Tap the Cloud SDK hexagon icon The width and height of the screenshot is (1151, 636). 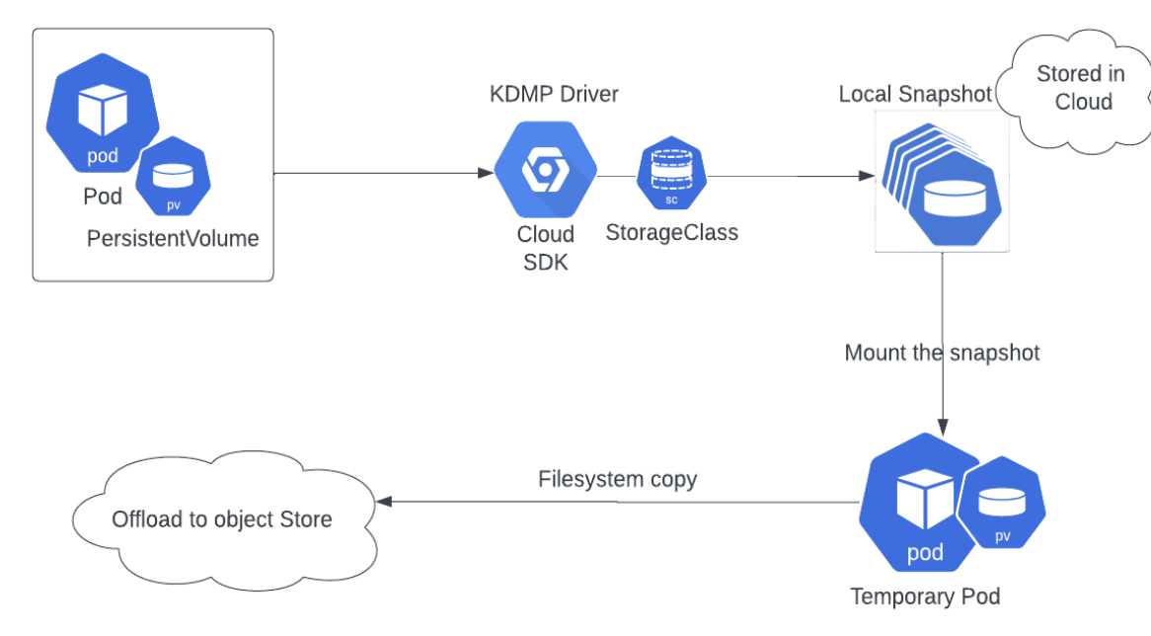[x=545, y=171]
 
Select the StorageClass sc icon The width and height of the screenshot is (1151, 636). [x=671, y=175]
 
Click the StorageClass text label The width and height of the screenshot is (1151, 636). [x=671, y=233]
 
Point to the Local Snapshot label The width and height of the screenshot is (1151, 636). [x=915, y=94]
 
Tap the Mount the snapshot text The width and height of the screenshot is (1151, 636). [x=942, y=353]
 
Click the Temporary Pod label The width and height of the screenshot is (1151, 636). [x=925, y=596]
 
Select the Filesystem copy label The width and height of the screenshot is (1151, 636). [x=617, y=480]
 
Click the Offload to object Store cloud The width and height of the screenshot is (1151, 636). [x=221, y=518]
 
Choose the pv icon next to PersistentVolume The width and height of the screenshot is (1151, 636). [x=173, y=176]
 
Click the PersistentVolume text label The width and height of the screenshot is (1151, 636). [x=173, y=238]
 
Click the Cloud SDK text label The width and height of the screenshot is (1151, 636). [x=545, y=248]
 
